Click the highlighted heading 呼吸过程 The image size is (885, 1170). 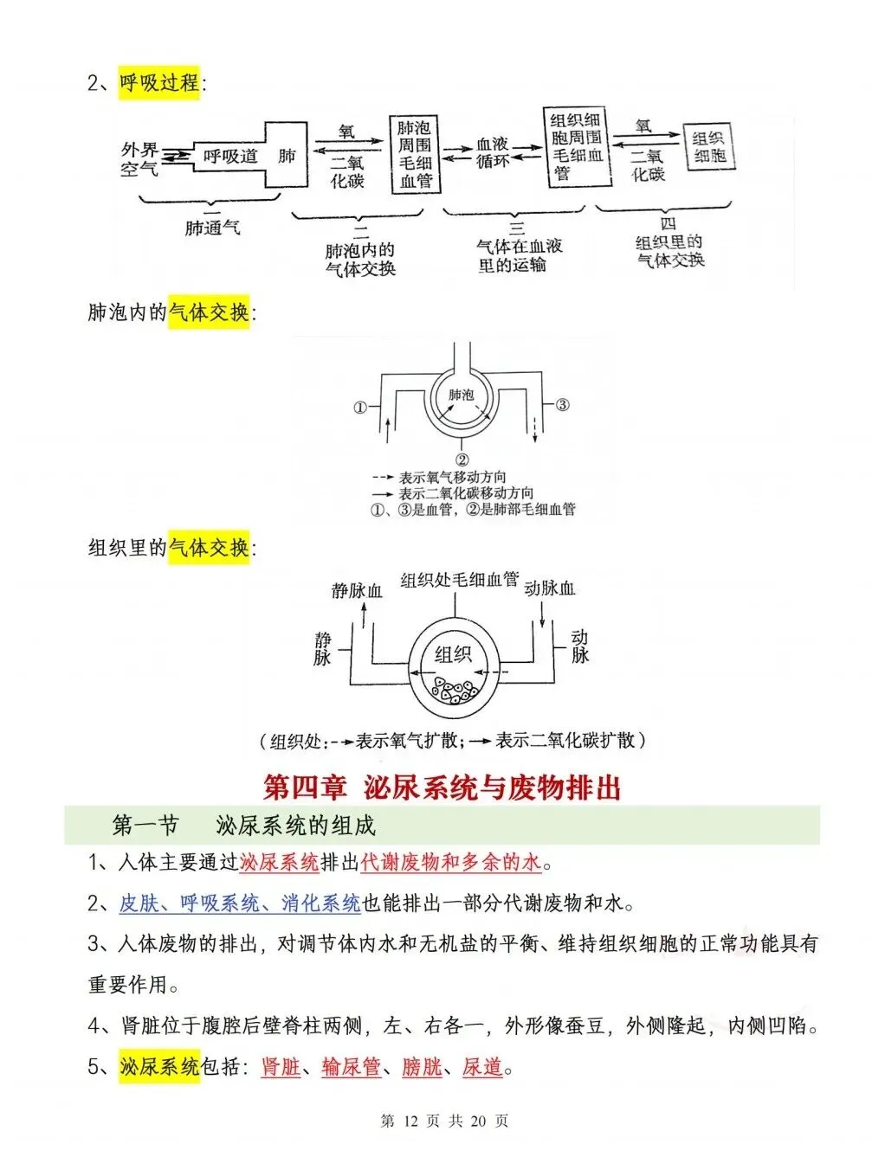pos(159,83)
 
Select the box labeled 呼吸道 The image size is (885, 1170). pos(230,157)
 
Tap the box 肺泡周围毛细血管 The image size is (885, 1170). pos(415,155)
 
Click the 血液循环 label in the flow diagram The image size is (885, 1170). pos(493,152)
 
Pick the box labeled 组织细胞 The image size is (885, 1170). pos(709,147)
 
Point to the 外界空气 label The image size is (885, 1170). pos(139,159)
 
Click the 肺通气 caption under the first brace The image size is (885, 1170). pos(212,228)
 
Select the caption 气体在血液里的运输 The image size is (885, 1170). pos(517,255)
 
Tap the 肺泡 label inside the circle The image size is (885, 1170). pos(461,395)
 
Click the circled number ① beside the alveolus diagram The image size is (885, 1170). pos(360,408)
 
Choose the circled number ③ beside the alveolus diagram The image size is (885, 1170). pos(562,404)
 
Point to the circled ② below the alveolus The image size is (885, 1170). pos(462,460)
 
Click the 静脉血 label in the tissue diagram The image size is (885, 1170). pos(357,591)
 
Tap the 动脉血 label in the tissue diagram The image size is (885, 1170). pos(549,588)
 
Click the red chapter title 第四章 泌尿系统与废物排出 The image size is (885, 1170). pos(442,787)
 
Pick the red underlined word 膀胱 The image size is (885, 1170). pos(422,1067)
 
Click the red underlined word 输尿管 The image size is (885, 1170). pos(351,1067)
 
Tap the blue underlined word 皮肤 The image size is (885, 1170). pos(139,903)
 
